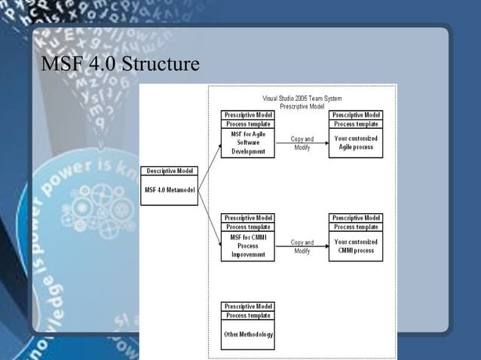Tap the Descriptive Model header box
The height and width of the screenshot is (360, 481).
(x=170, y=170)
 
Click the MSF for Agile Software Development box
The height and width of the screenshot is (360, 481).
(x=248, y=143)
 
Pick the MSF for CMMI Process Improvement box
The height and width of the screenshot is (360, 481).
(x=248, y=246)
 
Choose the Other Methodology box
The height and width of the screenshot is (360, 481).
(x=248, y=334)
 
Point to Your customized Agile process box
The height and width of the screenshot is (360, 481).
(x=356, y=143)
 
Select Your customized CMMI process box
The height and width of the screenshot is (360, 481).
(x=356, y=246)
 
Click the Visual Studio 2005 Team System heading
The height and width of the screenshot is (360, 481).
(x=302, y=99)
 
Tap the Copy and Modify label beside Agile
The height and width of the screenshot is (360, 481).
(x=302, y=143)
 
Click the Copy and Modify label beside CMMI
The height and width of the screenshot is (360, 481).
(x=302, y=246)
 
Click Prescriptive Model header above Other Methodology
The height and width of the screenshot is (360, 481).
(x=248, y=307)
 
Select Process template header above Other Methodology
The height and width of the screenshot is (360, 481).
(x=248, y=316)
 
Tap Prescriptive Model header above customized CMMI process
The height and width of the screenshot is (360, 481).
(x=356, y=218)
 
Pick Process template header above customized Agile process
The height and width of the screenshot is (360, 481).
(x=356, y=124)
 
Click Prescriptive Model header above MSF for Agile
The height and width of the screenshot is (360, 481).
(x=248, y=114)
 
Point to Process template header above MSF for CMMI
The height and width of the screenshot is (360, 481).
(x=248, y=227)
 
